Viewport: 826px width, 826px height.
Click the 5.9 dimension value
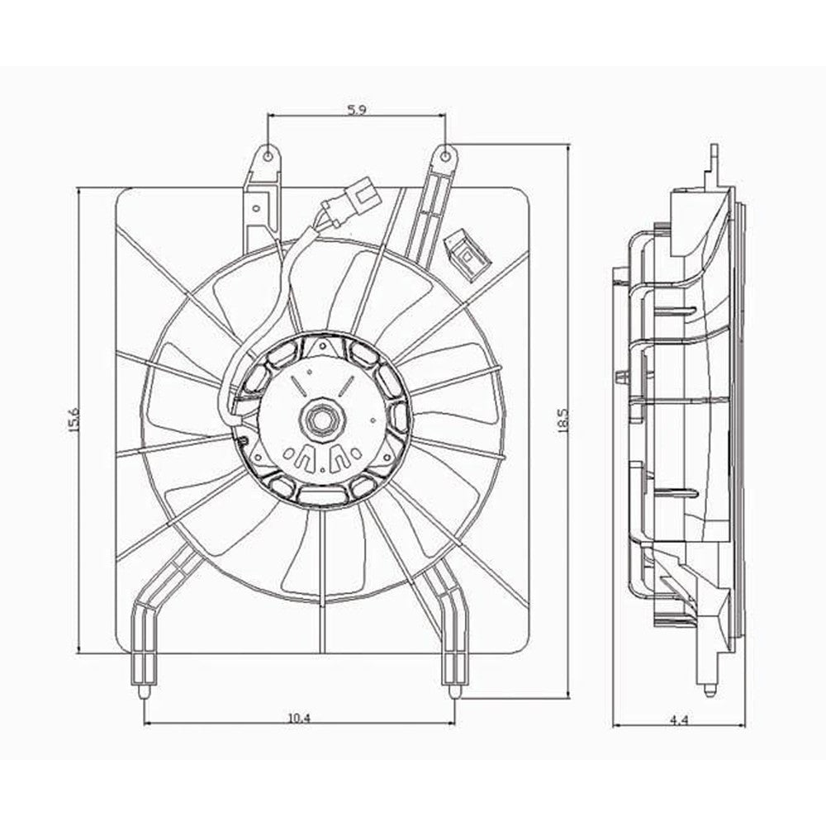coord(357,110)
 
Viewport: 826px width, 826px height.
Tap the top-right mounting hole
coord(445,154)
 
